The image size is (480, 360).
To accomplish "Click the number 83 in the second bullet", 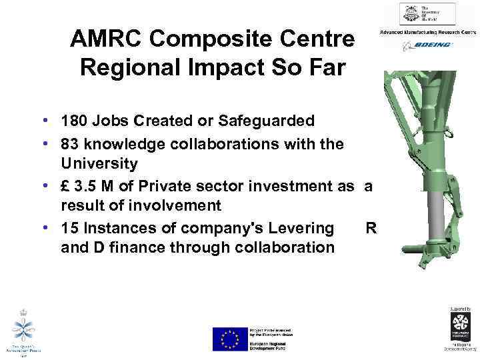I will (x=69, y=143).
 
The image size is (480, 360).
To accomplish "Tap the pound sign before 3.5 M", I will (x=65, y=187).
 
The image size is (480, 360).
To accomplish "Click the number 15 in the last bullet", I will (x=69, y=229).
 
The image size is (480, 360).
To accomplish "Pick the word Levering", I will (x=301, y=229).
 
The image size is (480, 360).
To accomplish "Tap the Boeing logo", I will (x=427, y=45).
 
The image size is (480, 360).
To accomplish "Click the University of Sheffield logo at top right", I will (x=427, y=14).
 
